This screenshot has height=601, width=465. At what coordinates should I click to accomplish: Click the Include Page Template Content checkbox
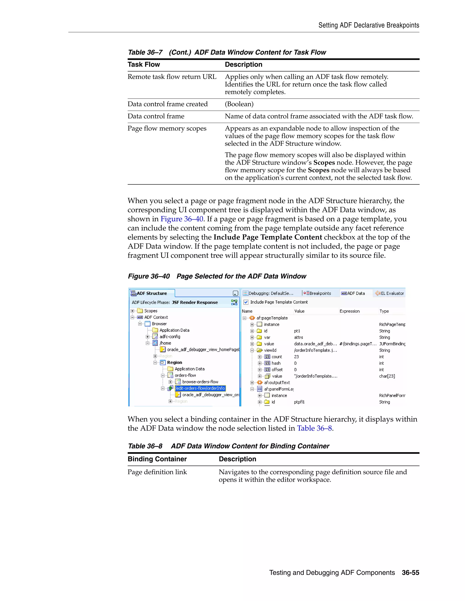[246, 302]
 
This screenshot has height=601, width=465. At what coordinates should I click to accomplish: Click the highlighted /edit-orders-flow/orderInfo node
[200, 388]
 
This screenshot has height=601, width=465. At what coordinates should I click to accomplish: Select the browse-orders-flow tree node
[200, 382]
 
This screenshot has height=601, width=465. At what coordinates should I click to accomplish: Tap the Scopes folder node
[150, 311]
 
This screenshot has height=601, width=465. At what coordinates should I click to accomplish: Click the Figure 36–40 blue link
[182, 219]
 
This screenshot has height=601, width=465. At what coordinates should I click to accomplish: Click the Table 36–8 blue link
[314, 428]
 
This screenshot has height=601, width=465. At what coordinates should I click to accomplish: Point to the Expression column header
[349, 311]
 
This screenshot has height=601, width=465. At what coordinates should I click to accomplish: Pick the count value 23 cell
[296, 357]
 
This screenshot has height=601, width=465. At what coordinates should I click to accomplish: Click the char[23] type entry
[387, 376]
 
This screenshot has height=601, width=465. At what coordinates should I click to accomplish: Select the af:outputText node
[277, 383]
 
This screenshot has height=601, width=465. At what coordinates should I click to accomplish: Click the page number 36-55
[410, 573]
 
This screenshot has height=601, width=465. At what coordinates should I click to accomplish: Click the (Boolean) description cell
[239, 104]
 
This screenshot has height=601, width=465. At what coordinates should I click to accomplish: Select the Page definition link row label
[157, 472]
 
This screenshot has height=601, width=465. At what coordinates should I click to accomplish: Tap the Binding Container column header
[157, 459]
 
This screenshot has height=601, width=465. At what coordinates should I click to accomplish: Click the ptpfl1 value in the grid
[299, 402]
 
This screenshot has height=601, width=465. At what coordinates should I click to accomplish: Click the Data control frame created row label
[168, 104]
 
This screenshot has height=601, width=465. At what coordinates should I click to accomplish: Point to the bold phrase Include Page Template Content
[267, 237]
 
